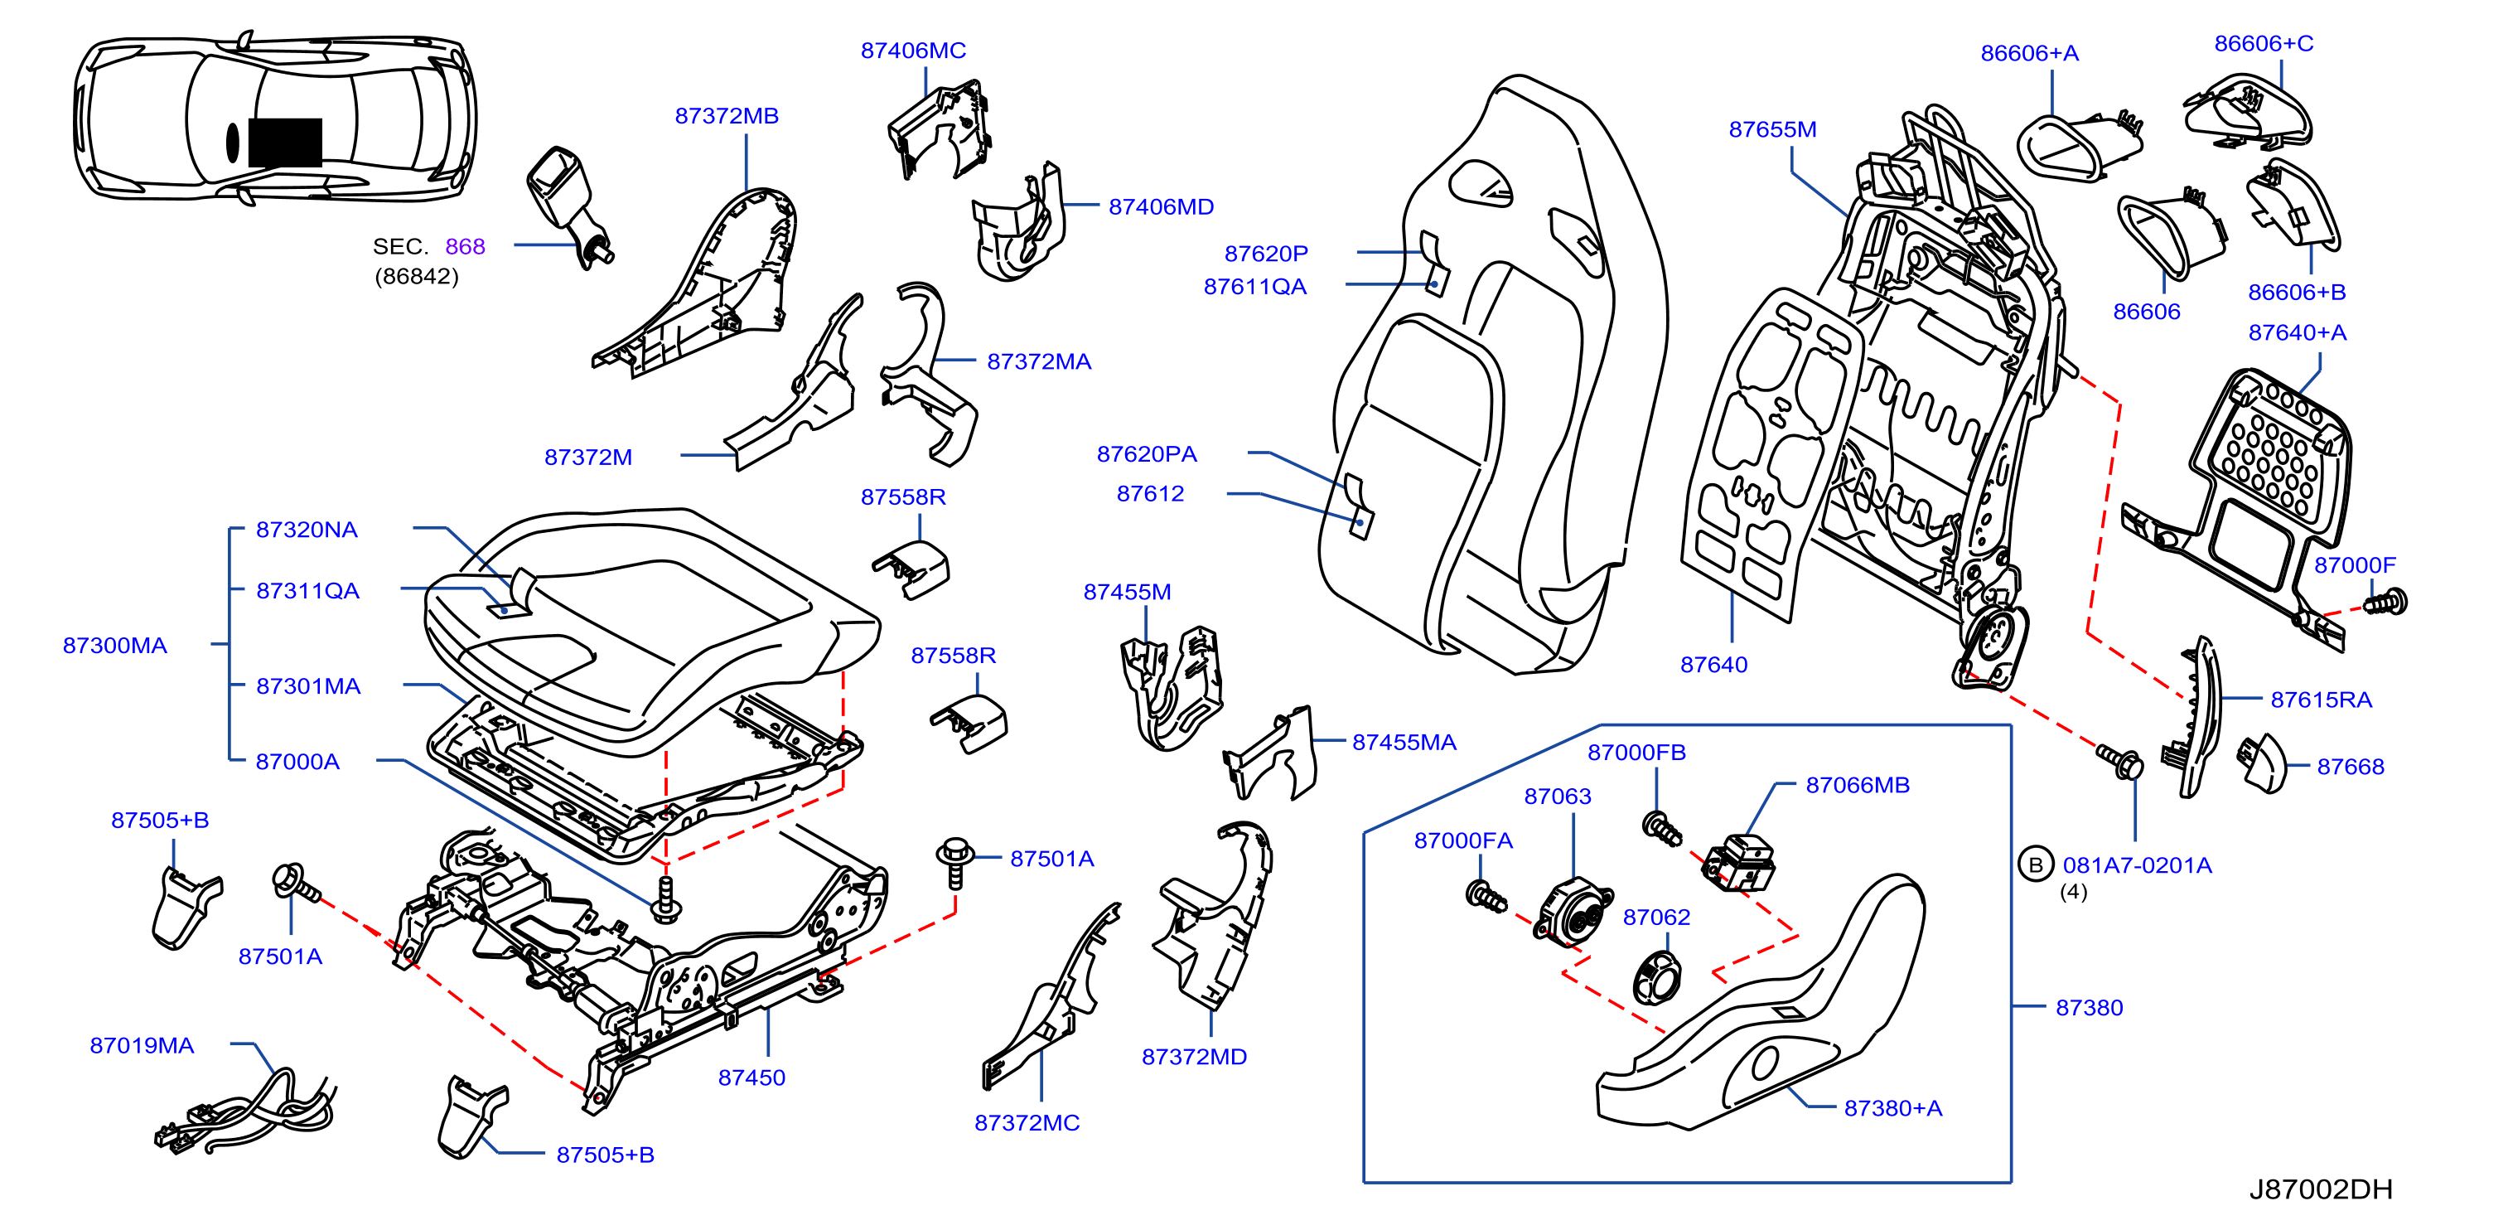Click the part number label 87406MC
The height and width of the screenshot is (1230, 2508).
pyautogui.click(x=912, y=51)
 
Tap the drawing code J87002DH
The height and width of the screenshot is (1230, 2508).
pyautogui.click(x=2320, y=1189)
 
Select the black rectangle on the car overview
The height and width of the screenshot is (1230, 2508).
pyautogui.click(x=285, y=143)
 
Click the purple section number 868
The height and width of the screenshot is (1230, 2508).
pyautogui.click(x=465, y=246)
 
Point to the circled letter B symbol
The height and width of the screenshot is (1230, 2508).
pyautogui.click(x=2035, y=864)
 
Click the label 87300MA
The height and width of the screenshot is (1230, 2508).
pyautogui.click(x=115, y=645)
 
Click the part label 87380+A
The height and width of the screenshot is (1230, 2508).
pyautogui.click(x=1892, y=1108)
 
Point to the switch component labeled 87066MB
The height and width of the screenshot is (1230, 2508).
pyautogui.click(x=1739, y=863)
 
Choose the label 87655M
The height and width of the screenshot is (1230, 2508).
pyautogui.click(x=1772, y=129)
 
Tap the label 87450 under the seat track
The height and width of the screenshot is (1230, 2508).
pyautogui.click(x=751, y=1077)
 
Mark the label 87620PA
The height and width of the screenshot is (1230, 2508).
pyautogui.click(x=1147, y=454)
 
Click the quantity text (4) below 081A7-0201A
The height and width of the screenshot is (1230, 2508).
pyautogui.click(x=2073, y=892)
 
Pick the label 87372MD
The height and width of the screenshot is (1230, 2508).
pyautogui.click(x=1194, y=1057)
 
